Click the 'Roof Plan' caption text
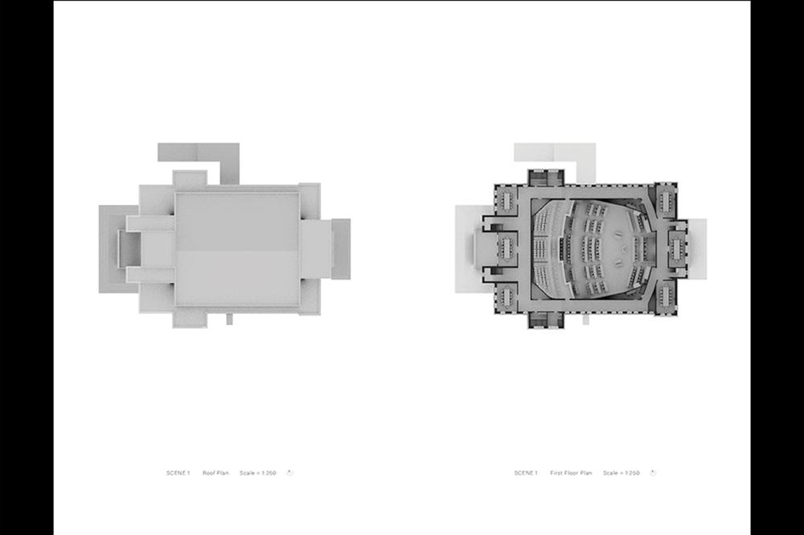click(215, 473)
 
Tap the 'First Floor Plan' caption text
click(571, 473)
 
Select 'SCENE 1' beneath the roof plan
click(178, 473)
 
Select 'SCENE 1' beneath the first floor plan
click(526, 473)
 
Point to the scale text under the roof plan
click(257, 473)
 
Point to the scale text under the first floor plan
click(621, 473)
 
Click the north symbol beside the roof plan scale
click(289, 472)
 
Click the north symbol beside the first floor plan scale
click(653, 472)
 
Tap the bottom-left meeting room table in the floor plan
click(507, 296)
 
